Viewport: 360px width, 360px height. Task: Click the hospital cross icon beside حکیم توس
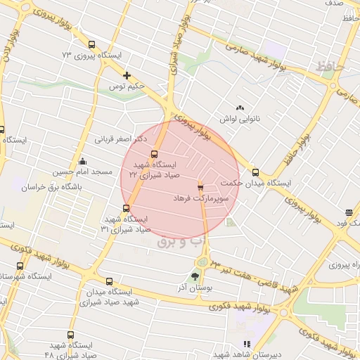(127, 75)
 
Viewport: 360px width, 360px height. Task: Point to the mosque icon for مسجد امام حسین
(83, 161)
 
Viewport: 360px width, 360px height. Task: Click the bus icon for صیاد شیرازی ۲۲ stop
(155, 155)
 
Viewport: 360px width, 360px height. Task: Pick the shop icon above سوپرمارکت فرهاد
(200, 187)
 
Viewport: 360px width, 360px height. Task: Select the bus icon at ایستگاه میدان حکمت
(255, 172)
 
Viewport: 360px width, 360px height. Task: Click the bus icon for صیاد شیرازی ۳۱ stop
(127, 207)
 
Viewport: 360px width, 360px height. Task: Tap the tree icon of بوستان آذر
(195, 276)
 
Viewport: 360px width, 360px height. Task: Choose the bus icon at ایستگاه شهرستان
(20, 266)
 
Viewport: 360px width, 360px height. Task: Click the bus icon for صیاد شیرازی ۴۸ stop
(70, 335)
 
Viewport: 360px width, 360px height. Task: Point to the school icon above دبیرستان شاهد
(246, 344)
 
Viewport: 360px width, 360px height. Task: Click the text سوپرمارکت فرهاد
(202, 199)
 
